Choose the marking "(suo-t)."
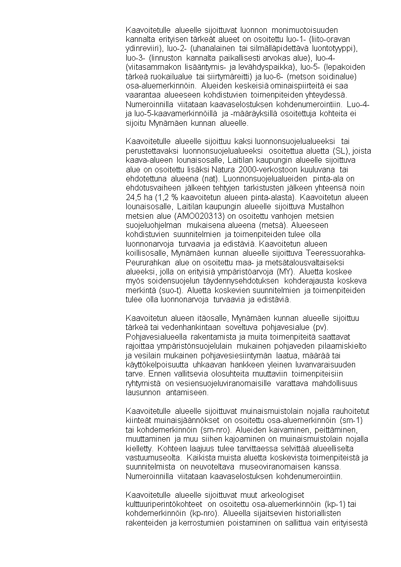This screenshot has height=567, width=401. pos(173,290)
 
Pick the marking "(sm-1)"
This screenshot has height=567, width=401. pos(353,420)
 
